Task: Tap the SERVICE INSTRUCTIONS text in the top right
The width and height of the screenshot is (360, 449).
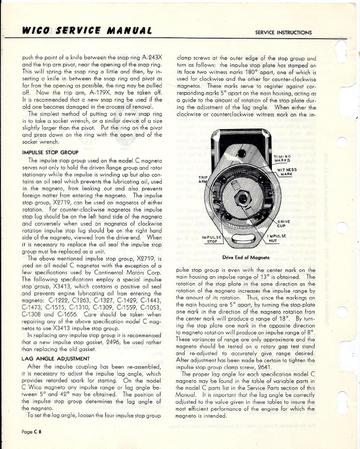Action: tap(283, 32)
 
